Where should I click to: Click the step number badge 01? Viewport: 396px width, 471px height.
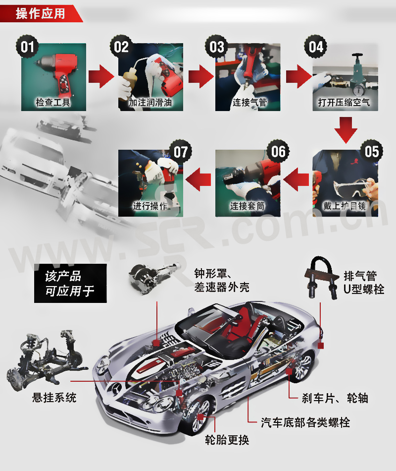27,47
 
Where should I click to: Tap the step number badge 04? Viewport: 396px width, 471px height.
316,47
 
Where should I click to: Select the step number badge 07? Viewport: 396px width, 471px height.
180,152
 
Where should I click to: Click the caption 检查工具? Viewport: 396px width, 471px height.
53,103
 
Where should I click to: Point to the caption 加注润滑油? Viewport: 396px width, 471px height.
150,103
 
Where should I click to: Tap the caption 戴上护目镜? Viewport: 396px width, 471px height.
345,206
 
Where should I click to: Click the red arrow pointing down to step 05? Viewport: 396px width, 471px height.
346,130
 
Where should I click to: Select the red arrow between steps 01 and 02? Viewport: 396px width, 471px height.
101,76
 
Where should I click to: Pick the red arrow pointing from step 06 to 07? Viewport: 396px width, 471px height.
198,179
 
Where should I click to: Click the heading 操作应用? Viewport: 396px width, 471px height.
40,13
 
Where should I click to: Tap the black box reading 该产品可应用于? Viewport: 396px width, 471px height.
70,283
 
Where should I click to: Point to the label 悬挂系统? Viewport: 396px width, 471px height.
54,398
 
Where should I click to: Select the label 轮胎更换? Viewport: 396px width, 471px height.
227,440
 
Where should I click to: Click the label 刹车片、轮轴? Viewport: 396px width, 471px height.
335,398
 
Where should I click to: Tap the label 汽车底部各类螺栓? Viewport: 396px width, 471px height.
305,422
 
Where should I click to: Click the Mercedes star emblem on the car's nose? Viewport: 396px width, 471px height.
115,388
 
